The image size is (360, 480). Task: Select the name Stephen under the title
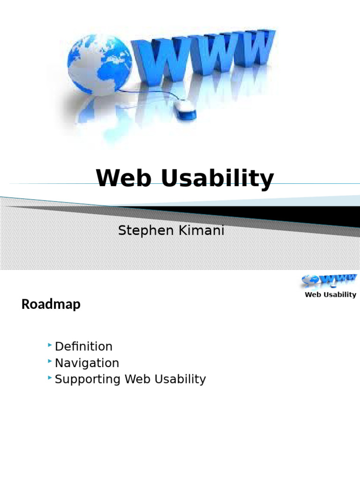[x=141, y=231]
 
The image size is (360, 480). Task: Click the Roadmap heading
[x=51, y=304]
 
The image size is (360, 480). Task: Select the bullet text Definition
[x=83, y=346]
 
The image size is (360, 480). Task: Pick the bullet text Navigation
[x=87, y=363]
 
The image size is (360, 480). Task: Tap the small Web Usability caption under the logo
[x=330, y=295]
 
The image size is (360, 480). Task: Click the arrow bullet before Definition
[x=50, y=346]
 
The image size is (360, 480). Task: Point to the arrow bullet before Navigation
[x=50, y=362]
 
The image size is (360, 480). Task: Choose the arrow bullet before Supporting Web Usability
[x=50, y=378]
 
